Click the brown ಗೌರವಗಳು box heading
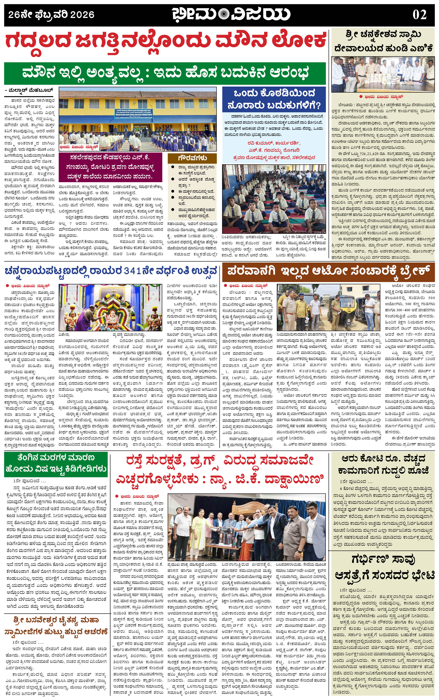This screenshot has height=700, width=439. [x=192, y=158]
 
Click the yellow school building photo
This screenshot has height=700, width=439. [x=138, y=119]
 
